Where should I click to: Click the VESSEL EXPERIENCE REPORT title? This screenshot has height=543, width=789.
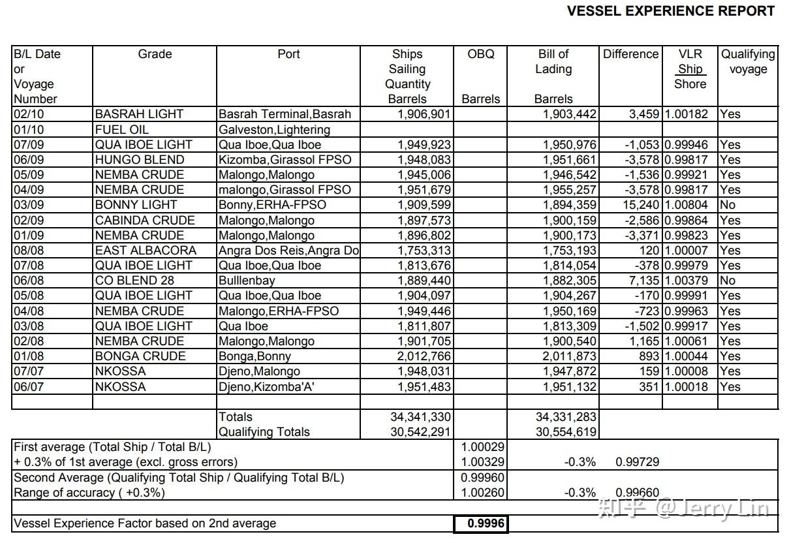(670, 11)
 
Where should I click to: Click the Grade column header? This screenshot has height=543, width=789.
(155, 54)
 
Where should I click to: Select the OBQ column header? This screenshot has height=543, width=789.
(481, 54)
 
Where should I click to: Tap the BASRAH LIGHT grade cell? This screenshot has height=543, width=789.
(139, 114)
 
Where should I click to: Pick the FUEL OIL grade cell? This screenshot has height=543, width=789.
(121, 129)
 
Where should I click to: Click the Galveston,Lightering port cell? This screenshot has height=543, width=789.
(274, 129)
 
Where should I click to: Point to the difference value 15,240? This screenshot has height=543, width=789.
(640, 205)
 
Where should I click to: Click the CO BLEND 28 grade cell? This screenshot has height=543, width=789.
(135, 281)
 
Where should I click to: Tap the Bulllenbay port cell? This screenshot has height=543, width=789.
(247, 281)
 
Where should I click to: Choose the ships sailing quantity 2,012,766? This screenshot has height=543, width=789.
(424, 356)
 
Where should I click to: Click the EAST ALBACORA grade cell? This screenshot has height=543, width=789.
(146, 251)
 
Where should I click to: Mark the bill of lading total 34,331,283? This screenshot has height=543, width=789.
(566, 416)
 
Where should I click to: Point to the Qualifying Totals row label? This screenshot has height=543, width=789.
(264, 431)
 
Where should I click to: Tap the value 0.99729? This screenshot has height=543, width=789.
(638, 462)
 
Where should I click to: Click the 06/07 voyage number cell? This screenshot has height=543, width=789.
(25, 386)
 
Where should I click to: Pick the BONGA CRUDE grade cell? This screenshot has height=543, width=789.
(140, 356)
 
